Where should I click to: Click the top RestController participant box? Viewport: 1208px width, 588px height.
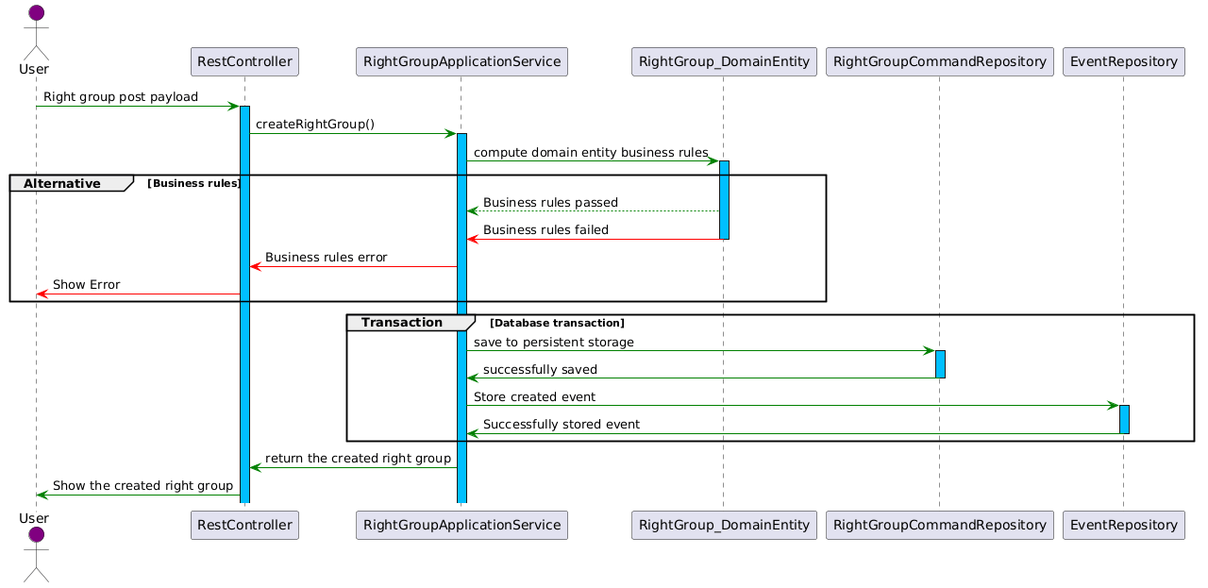point(244,61)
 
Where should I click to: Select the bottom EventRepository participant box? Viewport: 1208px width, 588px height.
point(1123,525)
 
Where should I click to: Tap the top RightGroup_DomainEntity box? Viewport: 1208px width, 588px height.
point(724,61)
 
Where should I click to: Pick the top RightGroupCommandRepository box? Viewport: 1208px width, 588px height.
point(939,61)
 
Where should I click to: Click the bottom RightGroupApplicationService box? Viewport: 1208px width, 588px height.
point(461,525)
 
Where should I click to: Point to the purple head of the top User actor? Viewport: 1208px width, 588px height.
point(36,12)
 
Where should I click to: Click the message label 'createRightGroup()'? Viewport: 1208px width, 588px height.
point(315,124)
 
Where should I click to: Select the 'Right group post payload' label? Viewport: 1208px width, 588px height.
point(121,96)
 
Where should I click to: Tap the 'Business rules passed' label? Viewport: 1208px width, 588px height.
point(550,202)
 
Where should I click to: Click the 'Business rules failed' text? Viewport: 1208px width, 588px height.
point(545,229)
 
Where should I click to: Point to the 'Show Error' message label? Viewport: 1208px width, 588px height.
point(86,284)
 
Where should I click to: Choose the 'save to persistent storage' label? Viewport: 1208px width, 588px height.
point(554,342)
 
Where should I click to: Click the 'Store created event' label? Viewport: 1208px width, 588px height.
point(534,397)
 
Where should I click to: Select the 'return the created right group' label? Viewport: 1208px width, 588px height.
point(358,458)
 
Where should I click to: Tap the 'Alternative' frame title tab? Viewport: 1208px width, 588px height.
point(71,183)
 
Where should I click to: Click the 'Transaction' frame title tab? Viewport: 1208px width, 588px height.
point(411,323)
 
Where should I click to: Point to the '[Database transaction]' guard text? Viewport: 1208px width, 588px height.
point(557,323)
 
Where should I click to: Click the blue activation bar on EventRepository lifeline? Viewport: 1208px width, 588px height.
point(1124,419)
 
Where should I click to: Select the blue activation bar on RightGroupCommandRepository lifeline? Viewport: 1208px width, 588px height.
point(940,364)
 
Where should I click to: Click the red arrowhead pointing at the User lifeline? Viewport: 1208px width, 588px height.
point(42,294)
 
